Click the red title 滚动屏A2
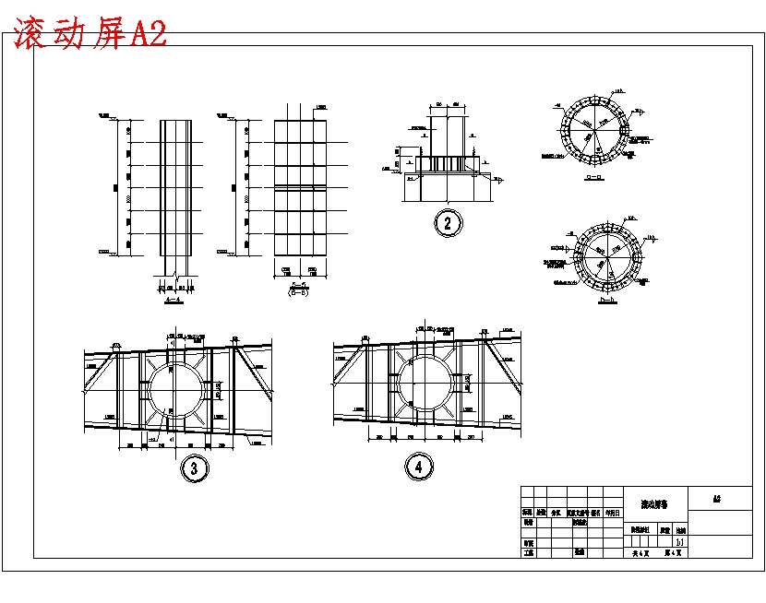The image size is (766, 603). point(90,33)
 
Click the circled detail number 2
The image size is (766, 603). point(448,222)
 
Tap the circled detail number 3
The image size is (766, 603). point(193,468)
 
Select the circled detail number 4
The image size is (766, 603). point(419,467)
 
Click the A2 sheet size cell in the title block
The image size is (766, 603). point(716,499)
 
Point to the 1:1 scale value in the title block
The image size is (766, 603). point(680,543)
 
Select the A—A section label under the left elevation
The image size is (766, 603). point(172,300)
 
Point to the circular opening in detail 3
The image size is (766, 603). point(175,387)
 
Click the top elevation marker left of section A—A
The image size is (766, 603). point(104,116)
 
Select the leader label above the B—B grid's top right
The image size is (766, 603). point(320,109)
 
